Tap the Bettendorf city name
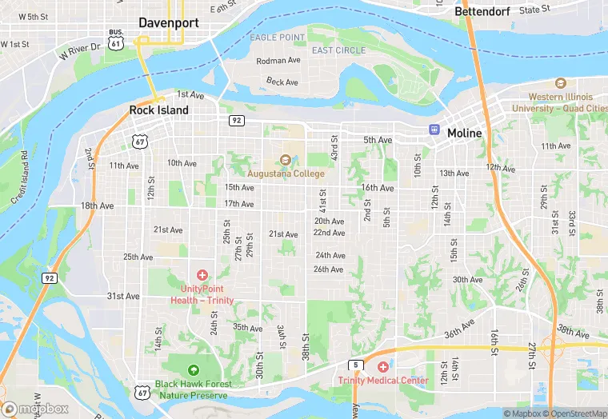482,12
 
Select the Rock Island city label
159,110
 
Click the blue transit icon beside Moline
434,129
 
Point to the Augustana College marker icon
286,160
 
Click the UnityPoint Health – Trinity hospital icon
202,274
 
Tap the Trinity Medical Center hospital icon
382,366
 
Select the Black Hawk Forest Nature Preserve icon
194,369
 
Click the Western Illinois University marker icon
560,83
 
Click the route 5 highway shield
354,365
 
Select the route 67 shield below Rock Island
140,142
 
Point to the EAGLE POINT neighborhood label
277,38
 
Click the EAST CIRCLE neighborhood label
338,50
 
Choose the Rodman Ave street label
278,61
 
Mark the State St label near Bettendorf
534,10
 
